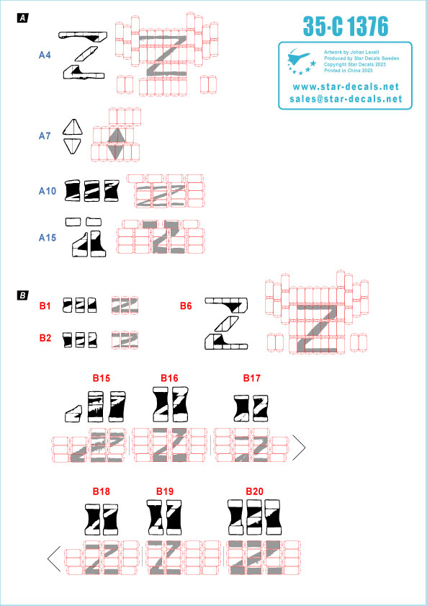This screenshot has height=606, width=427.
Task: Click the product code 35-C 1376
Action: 346,26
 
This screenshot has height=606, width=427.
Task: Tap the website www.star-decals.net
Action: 346,86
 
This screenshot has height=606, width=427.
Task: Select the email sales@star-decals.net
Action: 346,99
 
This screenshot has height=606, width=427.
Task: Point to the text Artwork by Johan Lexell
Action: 351,52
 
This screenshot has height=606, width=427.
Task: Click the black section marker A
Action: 23,18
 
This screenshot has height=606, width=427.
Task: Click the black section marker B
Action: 23,295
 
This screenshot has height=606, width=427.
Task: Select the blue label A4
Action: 45,55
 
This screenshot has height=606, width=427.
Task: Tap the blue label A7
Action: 45,136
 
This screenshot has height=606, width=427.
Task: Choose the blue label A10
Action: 48,191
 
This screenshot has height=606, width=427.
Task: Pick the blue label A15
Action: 48,238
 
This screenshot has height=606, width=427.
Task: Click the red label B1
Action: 45,306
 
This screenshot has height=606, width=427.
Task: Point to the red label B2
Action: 45,338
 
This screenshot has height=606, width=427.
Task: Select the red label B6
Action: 186,306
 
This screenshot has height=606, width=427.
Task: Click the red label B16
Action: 169,378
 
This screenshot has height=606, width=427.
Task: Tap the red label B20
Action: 254,491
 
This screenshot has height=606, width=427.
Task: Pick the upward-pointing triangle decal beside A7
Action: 73,127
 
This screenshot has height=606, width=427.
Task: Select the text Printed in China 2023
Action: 349,71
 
